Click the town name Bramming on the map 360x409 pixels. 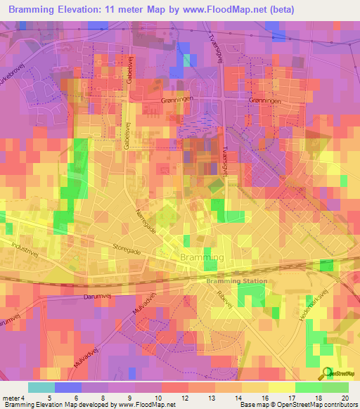[x=202, y=257]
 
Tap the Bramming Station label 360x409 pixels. [x=237, y=281]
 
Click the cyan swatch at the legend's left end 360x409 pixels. [x=41, y=387]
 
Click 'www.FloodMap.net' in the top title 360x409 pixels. [x=215, y=9]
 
